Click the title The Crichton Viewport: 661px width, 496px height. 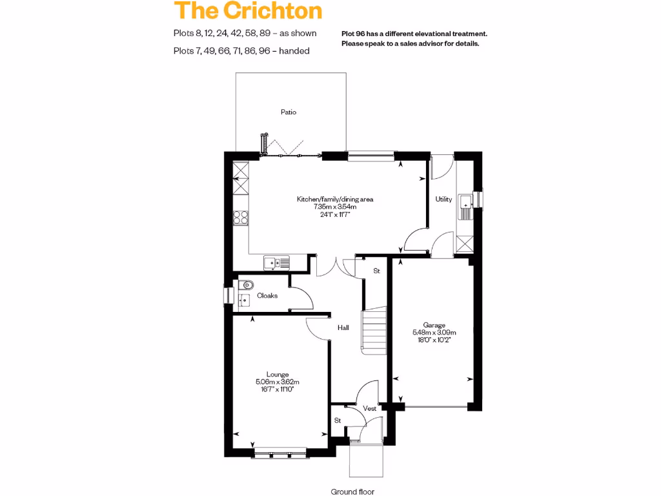[x=248, y=11]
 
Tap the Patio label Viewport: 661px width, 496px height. [x=289, y=112]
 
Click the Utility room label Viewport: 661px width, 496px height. [x=443, y=200]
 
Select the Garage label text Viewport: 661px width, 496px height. [x=434, y=325]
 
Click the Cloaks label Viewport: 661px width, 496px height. [x=267, y=296]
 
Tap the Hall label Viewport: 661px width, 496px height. [x=343, y=328]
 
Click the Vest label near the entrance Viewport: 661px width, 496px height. [x=369, y=409]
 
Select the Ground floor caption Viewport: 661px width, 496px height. [x=352, y=491]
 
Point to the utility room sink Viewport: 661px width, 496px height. [x=466, y=206]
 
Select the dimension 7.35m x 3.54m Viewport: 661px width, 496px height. [x=335, y=207]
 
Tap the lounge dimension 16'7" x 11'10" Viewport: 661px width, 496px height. [x=277, y=389]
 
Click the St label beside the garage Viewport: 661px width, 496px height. [x=376, y=271]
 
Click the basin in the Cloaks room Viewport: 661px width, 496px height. [x=243, y=300]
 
